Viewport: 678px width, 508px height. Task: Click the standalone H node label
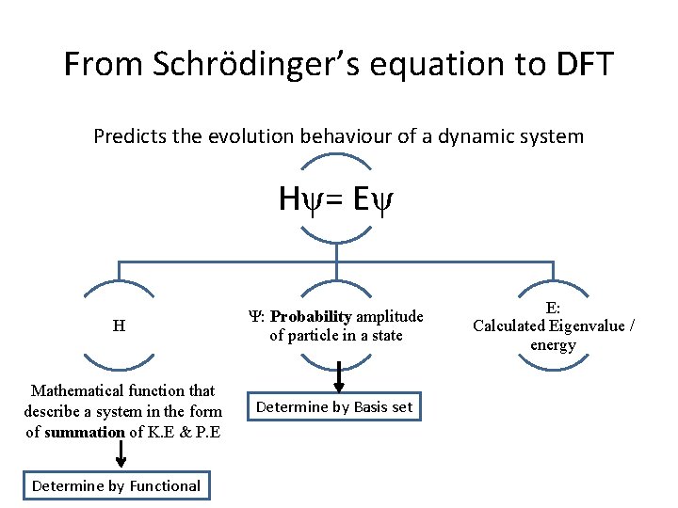coord(119,326)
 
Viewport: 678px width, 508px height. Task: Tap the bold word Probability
coord(312,317)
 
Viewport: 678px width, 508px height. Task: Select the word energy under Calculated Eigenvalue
coord(553,344)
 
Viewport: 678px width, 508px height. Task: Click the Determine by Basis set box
coord(334,407)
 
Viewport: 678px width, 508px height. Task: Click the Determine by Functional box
coord(116,485)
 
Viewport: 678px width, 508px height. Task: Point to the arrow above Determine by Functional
coord(121,454)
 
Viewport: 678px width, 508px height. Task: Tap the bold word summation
coord(84,432)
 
